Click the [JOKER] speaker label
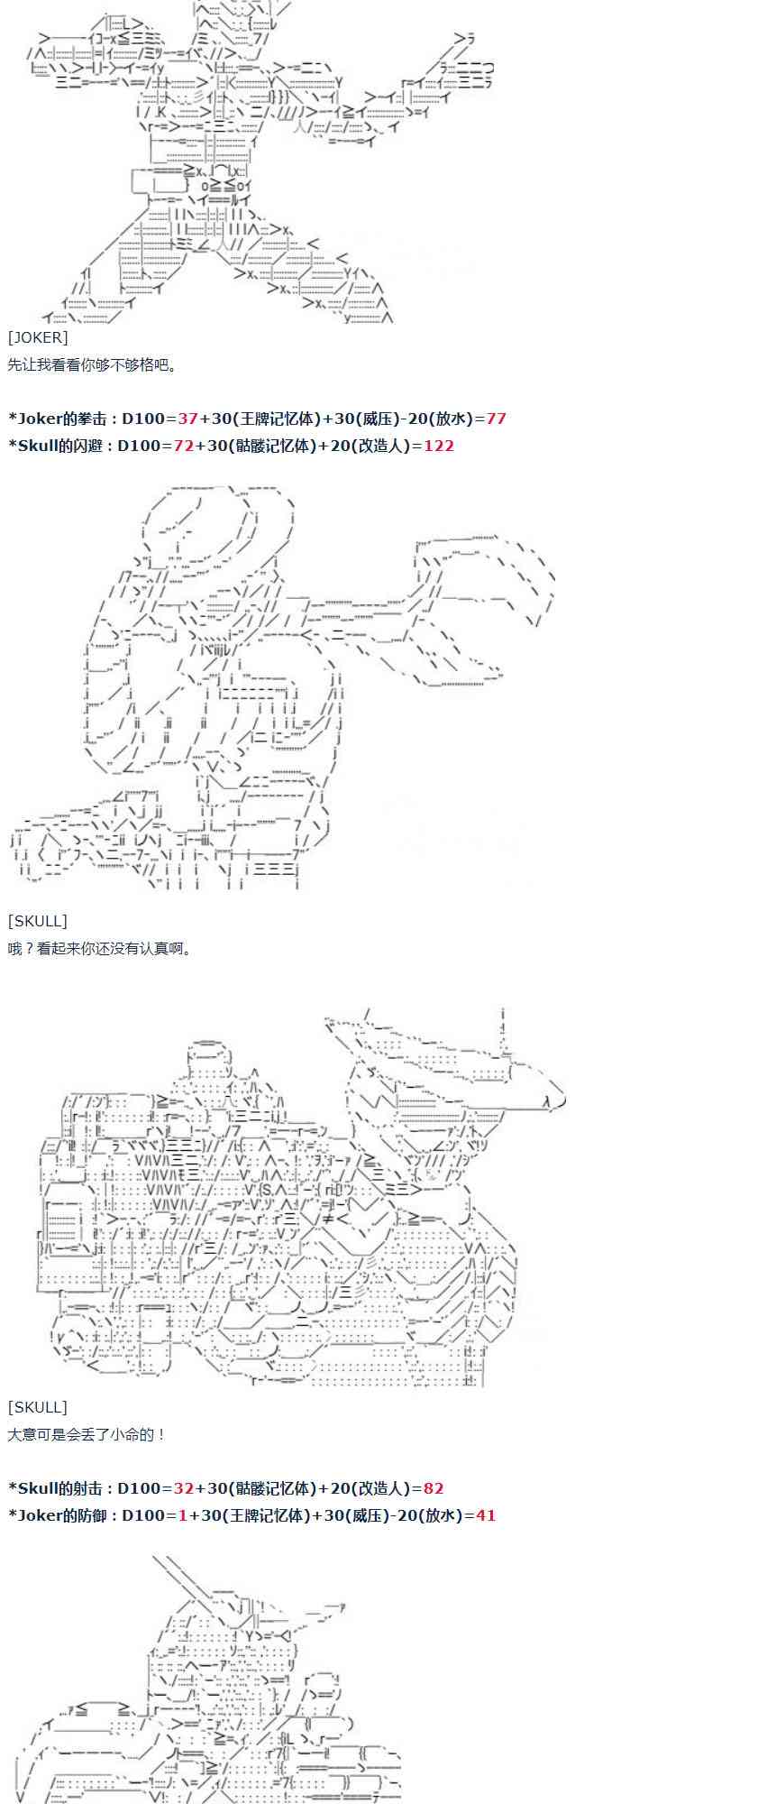(x=38, y=337)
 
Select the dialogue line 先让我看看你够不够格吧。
(x=93, y=364)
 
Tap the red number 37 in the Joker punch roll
(x=187, y=419)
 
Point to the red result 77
(x=496, y=419)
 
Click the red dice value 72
(x=184, y=446)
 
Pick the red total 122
(x=439, y=446)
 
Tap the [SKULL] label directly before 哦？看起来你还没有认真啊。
(x=38, y=921)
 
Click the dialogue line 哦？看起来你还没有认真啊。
(x=100, y=948)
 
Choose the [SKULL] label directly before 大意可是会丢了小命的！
(x=38, y=1407)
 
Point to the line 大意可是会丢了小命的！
(x=87, y=1434)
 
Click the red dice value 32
(x=184, y=1488)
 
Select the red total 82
(x=433, y=1488)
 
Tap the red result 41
(x=486, y=1515)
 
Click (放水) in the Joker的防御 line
(x=441, y=1515)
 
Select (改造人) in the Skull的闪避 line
(x=379, y=446)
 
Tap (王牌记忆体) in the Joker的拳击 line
(x=276, y=419)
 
